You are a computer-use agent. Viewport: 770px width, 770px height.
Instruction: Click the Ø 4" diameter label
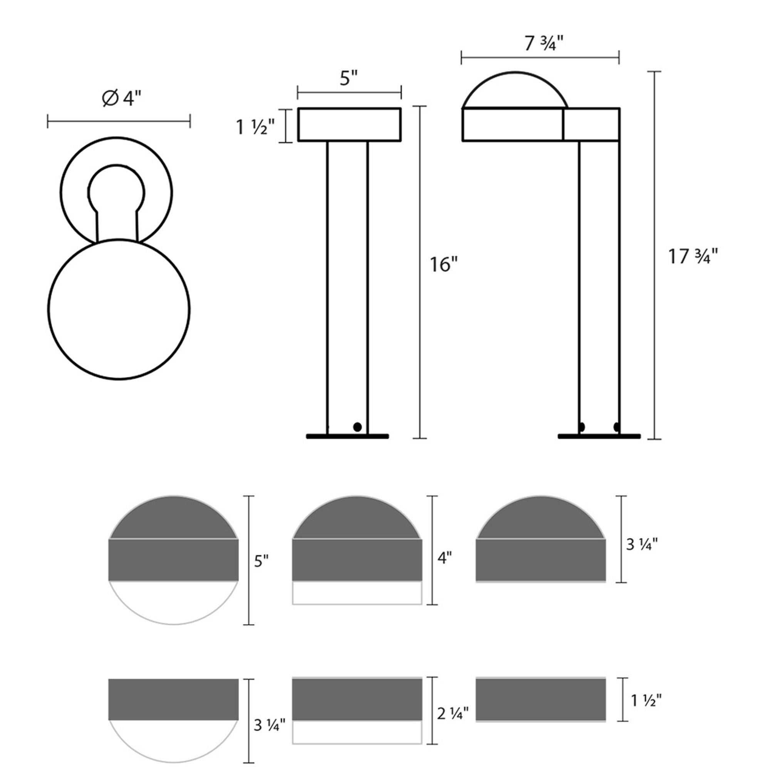(122, 99)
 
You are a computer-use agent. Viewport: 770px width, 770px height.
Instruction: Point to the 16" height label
(443, 264)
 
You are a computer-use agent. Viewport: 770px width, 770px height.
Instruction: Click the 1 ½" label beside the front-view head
(256, 127)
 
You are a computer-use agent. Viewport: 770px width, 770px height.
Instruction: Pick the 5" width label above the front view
(349, 78)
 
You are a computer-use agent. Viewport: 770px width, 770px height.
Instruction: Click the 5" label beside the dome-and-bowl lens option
(261, 562)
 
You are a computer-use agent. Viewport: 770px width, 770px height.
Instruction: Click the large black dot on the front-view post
(358, 427)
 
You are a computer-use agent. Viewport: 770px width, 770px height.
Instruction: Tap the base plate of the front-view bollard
(347, 437)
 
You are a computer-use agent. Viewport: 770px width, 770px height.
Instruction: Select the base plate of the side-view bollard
(599, 437)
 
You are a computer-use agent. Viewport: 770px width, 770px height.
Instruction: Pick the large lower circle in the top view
(119, 310)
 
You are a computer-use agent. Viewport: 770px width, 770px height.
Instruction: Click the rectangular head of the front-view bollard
(349, 124)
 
